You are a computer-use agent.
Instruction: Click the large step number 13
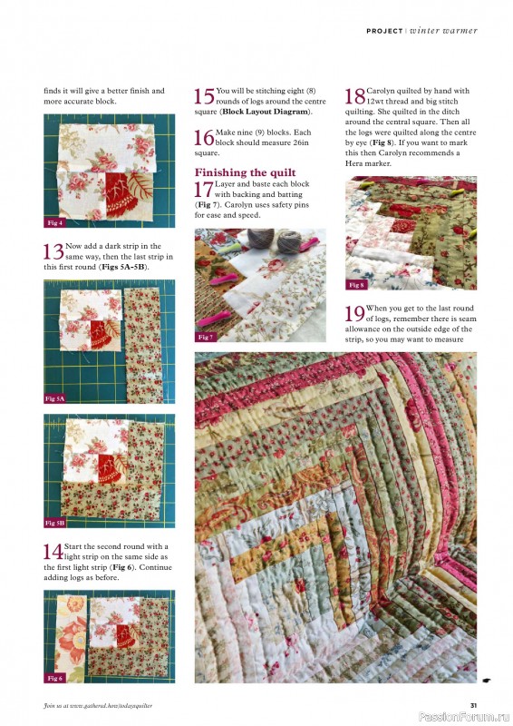53,252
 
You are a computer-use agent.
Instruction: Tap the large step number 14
53,552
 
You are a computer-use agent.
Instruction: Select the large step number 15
205,97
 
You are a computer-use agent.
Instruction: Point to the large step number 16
205,139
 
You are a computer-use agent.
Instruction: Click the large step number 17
205,190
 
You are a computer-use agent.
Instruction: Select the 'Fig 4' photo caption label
55,222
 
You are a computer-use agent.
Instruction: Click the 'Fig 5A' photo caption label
56,398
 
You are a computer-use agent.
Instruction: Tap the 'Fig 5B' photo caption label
56,523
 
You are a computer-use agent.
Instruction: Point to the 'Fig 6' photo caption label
55,678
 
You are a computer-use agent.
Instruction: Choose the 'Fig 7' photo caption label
206,337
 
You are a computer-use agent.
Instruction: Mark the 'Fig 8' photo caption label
356,285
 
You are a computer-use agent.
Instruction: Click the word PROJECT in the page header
384,31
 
